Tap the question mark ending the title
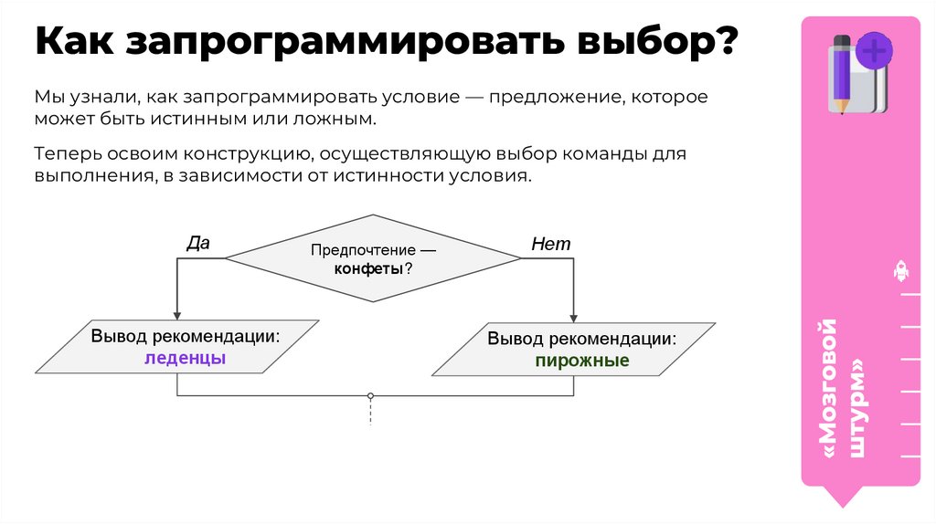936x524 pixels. [x=723, y=44]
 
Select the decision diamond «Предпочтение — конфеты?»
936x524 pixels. [x=373, y=259]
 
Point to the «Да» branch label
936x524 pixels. [x=198, y=243]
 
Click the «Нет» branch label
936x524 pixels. [x=551, y=244]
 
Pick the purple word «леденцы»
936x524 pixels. [x=186, y=359]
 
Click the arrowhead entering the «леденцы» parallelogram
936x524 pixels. [x=176, y=315]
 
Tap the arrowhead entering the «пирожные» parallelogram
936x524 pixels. [x=573, y=317]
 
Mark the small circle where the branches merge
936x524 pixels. [x=370, y=396]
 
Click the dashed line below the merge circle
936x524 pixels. [x=370, y=414]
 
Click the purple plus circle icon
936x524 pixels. [x=876, y=51]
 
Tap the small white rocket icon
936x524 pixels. [x=899, y=270]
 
